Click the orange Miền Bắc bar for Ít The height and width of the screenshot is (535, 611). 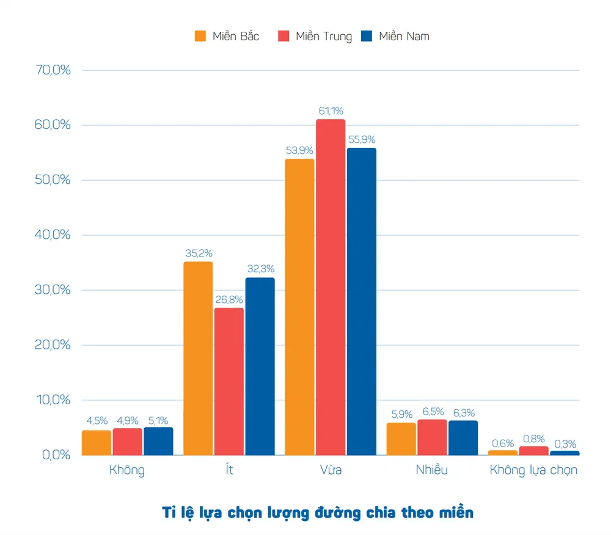[x=198, y=358]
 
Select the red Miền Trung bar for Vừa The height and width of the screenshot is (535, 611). [x=331, y=286]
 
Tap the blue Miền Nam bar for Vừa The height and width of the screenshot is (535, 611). [x=361, y=301]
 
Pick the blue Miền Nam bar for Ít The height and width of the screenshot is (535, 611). [x=260, y=366]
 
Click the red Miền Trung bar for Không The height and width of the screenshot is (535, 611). [x=127, y=442]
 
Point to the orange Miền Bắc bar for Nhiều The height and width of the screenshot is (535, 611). [x=401, y=439]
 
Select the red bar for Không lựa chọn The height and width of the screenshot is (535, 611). [x=533, y=451]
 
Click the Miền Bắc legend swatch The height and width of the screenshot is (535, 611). [x=200, y=36]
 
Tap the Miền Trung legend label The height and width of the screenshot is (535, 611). [x=324, y=37]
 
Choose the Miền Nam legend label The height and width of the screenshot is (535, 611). [x=404, y=37]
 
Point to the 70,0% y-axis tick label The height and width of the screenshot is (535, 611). [x=54, y=70]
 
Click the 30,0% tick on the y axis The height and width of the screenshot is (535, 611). [x=54, y=290]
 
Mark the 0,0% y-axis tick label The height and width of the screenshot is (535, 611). [x=56, y=455]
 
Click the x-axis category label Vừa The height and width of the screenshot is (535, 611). [x=331, y=470]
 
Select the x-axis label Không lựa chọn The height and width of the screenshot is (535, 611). [x=533, y=471]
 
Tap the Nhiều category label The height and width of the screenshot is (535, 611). [x=431, y=470]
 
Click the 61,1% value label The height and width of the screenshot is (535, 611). [x=331, y=111]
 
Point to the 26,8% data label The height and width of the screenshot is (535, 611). [x=229, y=300]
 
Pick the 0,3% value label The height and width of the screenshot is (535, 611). [x=565, y=444]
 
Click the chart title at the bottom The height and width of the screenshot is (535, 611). [x=318, y=512]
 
